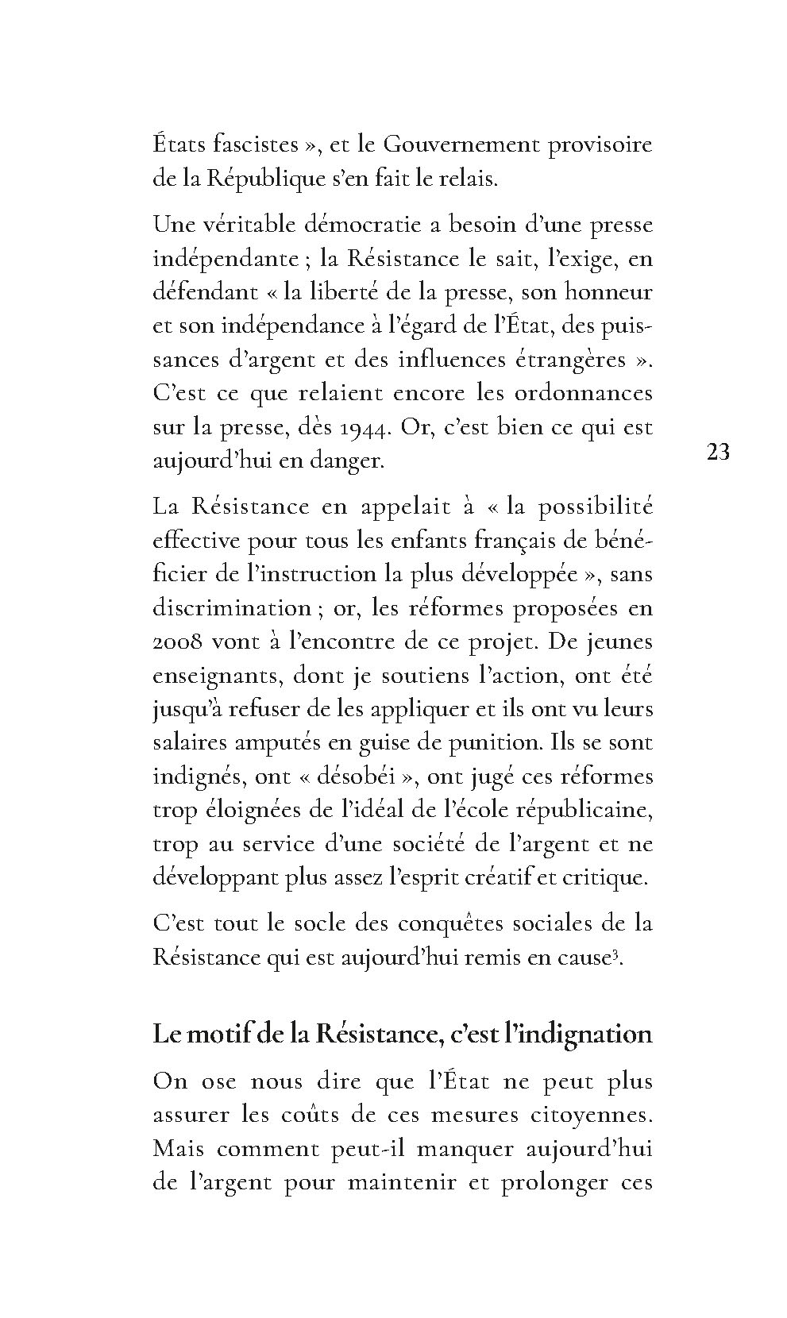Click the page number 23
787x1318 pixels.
point(717,453)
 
